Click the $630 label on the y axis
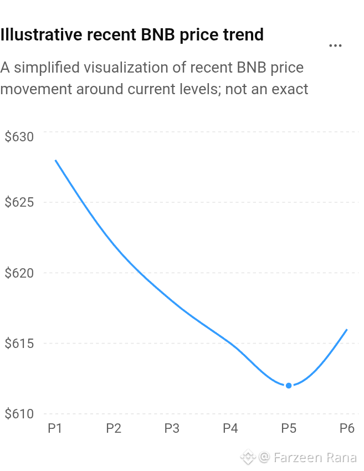click(19, 137)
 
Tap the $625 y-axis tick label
click(19, 202)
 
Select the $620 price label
click(19, 273)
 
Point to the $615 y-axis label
click(19, 343)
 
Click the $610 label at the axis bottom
click(19, 413)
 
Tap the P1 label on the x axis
click(55, 428)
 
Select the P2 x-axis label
click(114, 428)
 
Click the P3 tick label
click(172, 428)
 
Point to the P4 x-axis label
click(230, 428)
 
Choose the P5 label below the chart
click(289, 428)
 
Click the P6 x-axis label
click(347, 428)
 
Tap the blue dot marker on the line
click(289, 386)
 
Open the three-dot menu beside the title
click(335, 45)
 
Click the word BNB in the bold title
click(158, 34)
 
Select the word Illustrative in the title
click(41, 34)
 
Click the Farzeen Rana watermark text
click(315, 458)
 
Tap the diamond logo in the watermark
click(248, 457)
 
